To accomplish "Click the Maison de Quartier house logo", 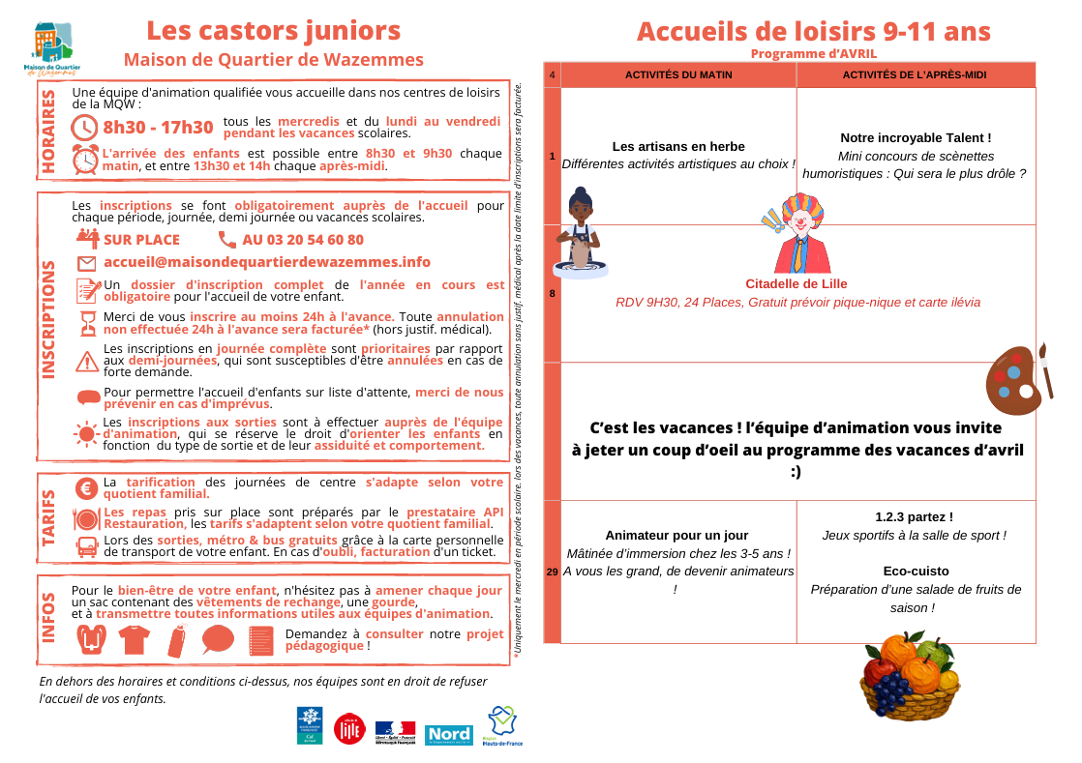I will [52, 46].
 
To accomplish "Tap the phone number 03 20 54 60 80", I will [303, 240].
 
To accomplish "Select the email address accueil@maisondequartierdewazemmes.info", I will [266, 262].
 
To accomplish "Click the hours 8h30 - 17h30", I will [158, 128].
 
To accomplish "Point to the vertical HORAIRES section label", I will [48, 131].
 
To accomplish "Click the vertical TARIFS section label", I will [48, 517].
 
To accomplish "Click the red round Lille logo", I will [347, 728].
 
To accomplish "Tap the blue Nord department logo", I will [448, 734].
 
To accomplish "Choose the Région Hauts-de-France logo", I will [503, 725].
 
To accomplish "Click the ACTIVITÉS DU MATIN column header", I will [678, 74].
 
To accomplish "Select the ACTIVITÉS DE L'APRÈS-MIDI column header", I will [915, 74].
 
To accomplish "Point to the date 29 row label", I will [552, 572].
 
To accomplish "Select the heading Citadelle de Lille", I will [796, 284].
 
